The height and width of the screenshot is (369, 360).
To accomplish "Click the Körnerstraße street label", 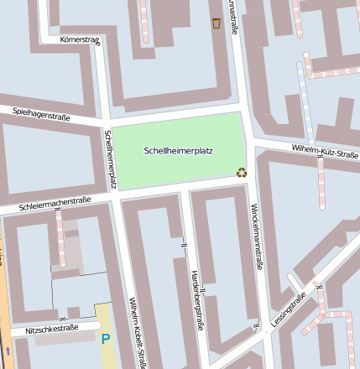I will [80, 39].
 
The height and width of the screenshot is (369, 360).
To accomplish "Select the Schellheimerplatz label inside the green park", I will [179, 151].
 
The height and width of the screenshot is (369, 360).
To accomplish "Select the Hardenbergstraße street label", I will [196, 300].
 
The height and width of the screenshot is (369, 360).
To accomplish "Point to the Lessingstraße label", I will [289, 309].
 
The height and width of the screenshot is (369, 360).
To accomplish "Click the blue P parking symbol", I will [106, 340].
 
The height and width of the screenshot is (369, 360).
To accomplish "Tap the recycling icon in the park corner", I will [242, 173].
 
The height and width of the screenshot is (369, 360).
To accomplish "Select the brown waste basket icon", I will [217, 23].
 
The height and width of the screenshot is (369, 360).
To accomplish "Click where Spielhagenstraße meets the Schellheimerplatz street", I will [105, 124].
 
